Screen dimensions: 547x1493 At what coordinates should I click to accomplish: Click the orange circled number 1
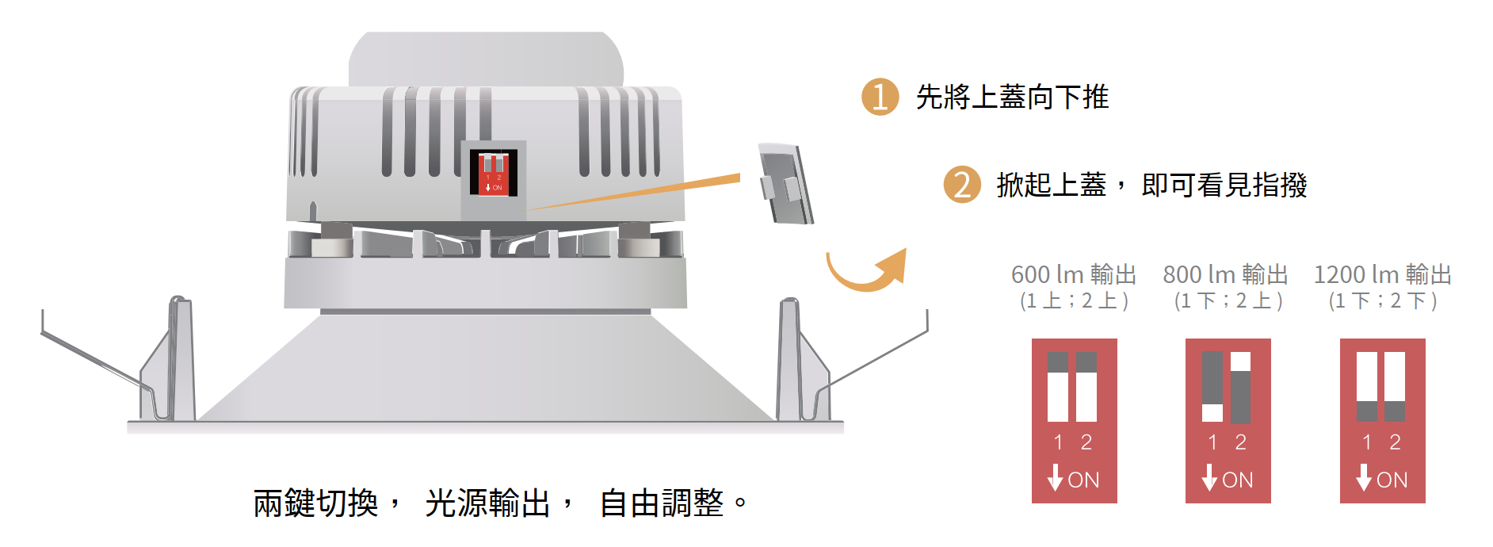(x=880, y=97)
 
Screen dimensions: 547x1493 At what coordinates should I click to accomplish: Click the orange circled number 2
(x=962, y=185)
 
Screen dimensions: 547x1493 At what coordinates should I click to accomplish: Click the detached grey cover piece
(x=785, y=184)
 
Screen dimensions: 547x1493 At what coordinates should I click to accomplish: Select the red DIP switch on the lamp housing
(x=493, y=172)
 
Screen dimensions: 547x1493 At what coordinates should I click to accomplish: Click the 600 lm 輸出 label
(x=1074, y=274)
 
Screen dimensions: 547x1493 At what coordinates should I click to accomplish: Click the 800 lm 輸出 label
(x=1225, y=274)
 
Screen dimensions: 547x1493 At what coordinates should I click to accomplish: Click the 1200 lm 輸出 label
(x=1382, y=274)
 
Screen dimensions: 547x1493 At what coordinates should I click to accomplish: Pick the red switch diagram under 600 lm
(x=1074, y=420)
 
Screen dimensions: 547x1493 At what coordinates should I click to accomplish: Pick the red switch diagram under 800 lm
(x=1228, y=420)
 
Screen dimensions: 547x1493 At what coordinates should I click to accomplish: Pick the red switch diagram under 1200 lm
(x=1382, y=420)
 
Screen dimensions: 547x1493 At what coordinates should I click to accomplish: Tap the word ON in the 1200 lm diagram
(x=1392, y=480)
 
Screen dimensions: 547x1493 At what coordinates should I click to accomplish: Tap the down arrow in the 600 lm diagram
(x=1055, y=477)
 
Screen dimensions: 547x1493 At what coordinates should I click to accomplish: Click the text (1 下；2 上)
(x=1228, y=301)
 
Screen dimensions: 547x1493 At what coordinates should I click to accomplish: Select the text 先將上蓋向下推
(x=1012, y=98)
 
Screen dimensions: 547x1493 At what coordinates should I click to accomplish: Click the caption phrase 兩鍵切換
(x=315, y=503)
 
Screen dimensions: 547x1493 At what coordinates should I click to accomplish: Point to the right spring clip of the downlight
(x=800, y=361)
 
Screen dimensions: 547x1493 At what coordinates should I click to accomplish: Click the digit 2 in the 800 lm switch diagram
(x=1241, y=442)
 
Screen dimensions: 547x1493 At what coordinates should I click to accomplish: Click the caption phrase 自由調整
(x=662, y=503)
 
